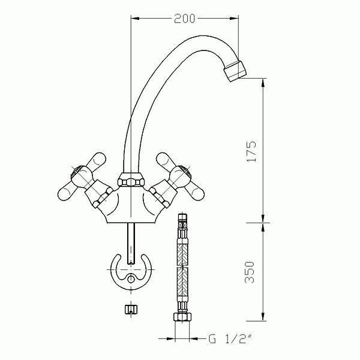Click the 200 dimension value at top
pos(185,19)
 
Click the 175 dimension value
pos(253,152)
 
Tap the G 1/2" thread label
pos(230,338)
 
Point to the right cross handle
pos(178,176)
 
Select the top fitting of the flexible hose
pos(183,221)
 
